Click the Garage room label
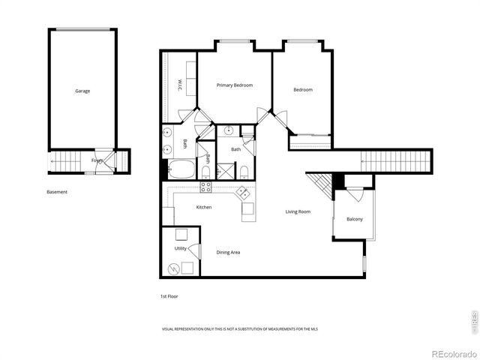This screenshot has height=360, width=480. (82, 91)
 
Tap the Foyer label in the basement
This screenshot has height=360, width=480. (97, 160)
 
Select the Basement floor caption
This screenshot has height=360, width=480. (57, 192)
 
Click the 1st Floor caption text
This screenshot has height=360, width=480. (169, 296)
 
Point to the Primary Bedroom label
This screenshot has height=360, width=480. (235, 85)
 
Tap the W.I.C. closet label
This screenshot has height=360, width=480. (181, 84)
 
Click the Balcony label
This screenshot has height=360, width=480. (354, 219)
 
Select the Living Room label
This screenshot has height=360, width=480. (298, 211)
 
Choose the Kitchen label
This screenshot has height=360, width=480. (204, 207)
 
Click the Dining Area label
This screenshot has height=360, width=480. (228, 253)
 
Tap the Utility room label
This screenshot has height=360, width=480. (180, 247)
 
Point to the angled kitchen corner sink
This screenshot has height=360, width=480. (244, 193)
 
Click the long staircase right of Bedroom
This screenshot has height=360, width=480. (394, 160)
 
